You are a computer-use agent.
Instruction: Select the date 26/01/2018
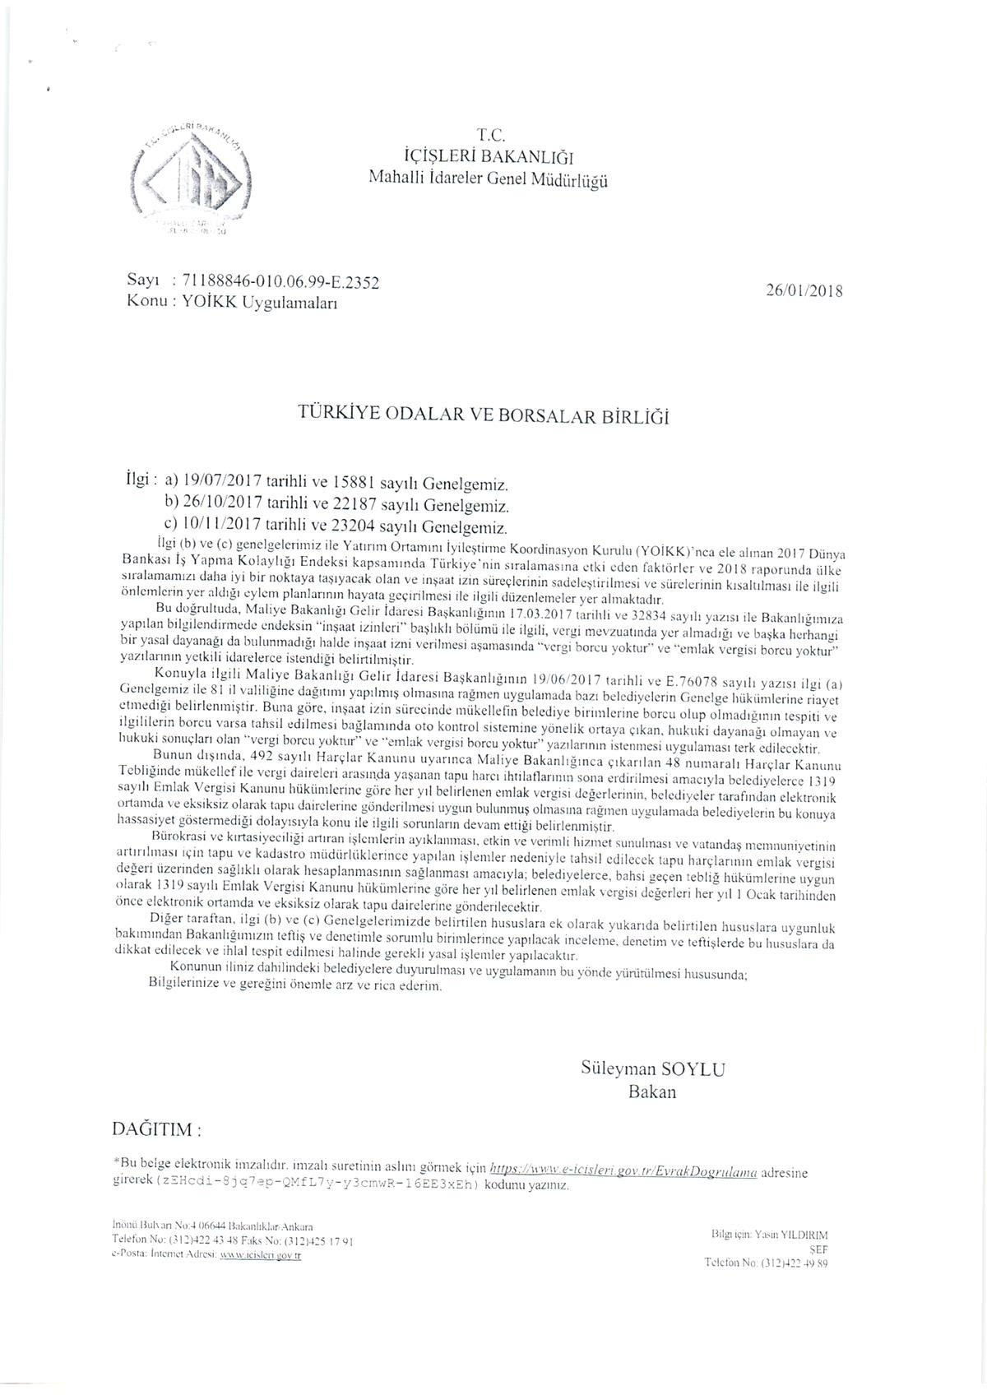click(x=804, y=290)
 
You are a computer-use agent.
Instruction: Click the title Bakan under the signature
click(x=651, y=1092)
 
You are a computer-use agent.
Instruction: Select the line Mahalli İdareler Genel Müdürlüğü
click(x=489, y=178)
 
